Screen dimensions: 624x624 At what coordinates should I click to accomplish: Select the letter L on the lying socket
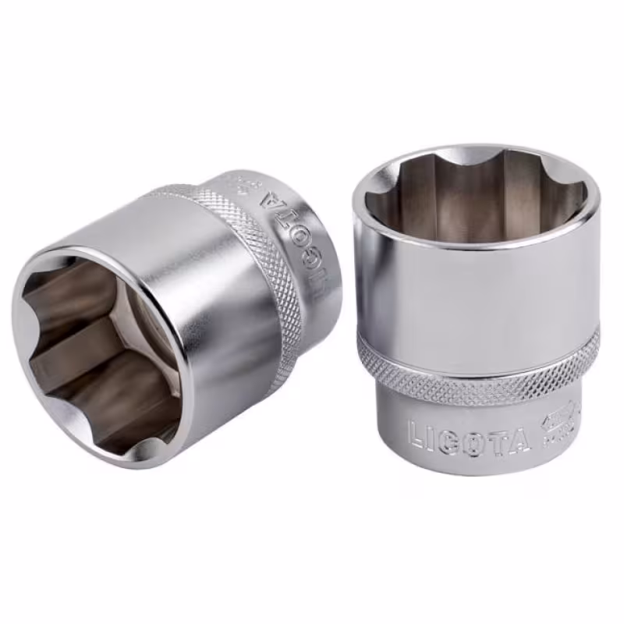click(x=317, y=292)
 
